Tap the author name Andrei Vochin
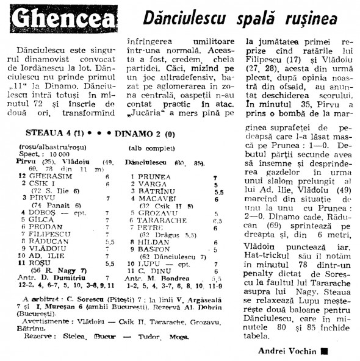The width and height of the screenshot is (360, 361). click(286, 351)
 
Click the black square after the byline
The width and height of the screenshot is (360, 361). click(324, 351)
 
